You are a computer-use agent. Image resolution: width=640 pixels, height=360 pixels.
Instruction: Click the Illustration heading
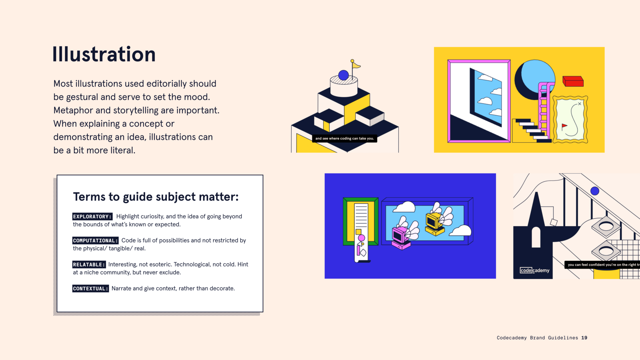(104, 55)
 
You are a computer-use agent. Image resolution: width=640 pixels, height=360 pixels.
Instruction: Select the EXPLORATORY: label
(92, 217)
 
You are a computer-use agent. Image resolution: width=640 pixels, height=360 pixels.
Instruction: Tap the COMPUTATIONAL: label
(95, 241)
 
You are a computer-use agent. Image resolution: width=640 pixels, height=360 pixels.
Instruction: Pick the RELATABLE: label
(89, 265)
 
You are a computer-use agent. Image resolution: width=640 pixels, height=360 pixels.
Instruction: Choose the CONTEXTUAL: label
(90, 289)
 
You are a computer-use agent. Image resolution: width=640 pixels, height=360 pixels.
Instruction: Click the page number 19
(584, 338)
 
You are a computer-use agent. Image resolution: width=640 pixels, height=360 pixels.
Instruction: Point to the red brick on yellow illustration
(573, 81)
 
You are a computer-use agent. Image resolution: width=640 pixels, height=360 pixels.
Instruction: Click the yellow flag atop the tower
(356, 65)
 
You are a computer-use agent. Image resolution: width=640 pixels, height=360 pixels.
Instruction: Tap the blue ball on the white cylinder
(343, 75)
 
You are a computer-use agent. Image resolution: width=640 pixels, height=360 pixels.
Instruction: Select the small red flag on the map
(564, 126)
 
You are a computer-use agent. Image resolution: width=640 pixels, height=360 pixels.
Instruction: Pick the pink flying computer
(400, 237)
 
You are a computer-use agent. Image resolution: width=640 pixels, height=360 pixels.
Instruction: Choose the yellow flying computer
(434, 223)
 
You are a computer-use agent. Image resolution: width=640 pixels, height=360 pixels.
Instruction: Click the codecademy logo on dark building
(534, 270)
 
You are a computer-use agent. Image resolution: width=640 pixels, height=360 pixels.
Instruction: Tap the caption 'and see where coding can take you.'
(344, 138)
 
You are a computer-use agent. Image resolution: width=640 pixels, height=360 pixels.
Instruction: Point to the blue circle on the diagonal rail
(595, 191)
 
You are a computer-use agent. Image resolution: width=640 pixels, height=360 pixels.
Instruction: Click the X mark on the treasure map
(579, 104)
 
